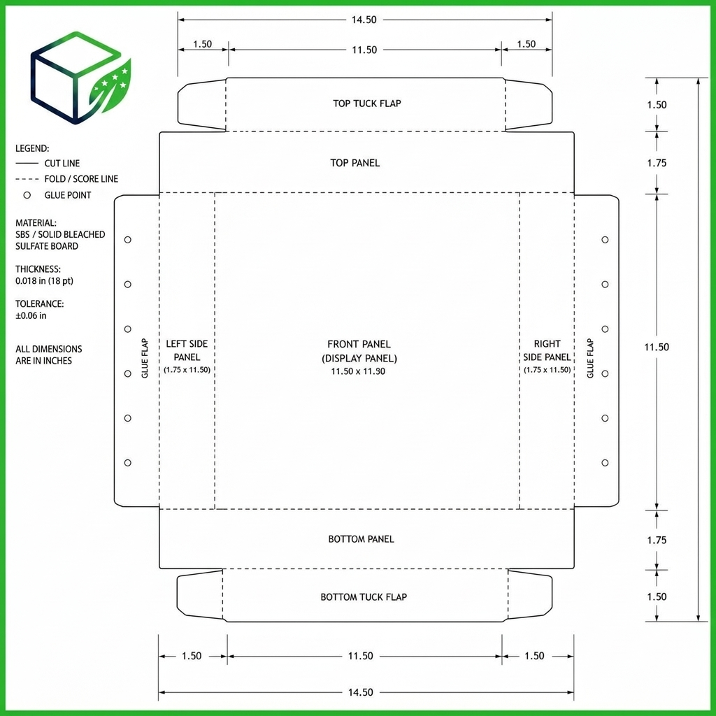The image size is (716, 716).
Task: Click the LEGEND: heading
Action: (x=32, y=148)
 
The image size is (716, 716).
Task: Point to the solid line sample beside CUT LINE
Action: (x=27, y=163)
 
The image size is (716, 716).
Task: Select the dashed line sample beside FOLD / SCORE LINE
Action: (x=27, y=179)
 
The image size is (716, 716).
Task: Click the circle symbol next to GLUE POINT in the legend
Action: (x=27, y=195)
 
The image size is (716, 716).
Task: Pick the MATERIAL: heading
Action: (x=36, y=223)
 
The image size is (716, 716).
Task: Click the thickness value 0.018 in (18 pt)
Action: (x=44, y=281)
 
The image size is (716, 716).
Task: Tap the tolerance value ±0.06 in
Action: (x=31, y=315)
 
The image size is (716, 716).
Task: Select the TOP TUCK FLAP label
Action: (x=366, y=103)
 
